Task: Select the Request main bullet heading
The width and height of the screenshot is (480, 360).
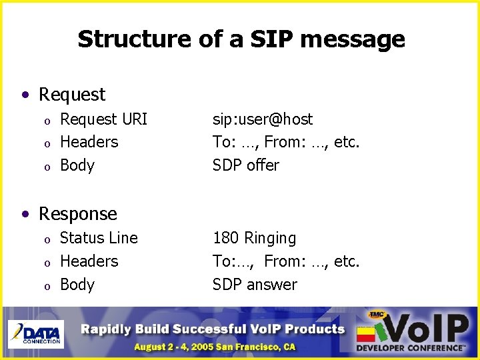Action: click(71, 95)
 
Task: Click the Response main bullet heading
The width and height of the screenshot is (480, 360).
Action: click(77, 213)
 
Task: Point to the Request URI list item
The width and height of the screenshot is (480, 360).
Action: click(103, 119)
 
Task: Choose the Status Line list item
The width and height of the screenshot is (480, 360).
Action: click(99, 238)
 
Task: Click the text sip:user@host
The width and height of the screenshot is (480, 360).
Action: click(262, 119)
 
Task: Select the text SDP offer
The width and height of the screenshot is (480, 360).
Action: click(246, 165)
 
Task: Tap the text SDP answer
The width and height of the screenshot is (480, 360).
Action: click(255, 285)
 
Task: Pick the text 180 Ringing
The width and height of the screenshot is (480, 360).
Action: click(254, 238)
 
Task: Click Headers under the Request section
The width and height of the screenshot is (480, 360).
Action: click(89, 142)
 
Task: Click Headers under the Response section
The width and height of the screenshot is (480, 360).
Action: click(89, 261)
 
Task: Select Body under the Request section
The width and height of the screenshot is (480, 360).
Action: click(77, 165)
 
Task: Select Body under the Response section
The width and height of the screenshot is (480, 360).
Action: click(77, 285)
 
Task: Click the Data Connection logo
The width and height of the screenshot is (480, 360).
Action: click(36, 334)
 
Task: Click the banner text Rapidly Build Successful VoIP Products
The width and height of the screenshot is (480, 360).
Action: click(213, 329)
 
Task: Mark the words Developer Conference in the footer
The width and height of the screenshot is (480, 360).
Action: click(409, 348)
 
